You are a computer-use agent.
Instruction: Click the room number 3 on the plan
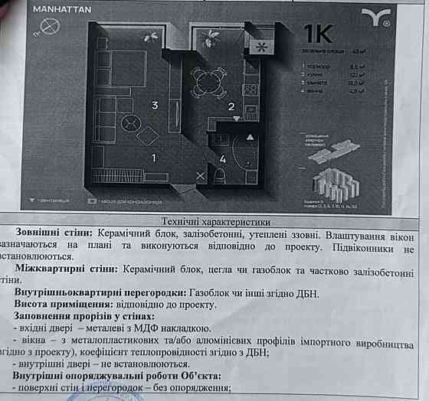click(x=154, y=106)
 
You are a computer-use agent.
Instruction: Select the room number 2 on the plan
click(x=230, y=107)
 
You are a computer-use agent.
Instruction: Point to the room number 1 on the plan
click(x=153, y=158)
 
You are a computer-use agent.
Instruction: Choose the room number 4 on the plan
click(x=223, y=159)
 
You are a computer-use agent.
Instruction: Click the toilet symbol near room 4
click(x=219, y=176)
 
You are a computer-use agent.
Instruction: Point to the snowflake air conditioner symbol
click(x=262, y=47)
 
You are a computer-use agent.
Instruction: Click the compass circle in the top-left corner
click(x=50, y=28)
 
